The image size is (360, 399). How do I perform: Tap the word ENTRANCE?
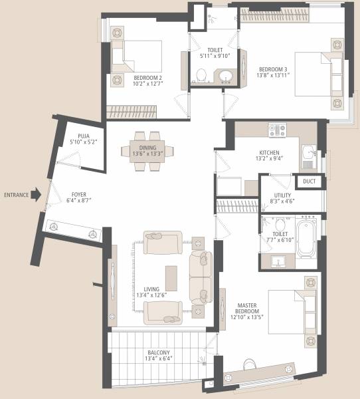click(16, 195)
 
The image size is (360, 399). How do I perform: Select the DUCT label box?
click(309, 181)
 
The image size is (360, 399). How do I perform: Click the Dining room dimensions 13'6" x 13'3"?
click(143, 154)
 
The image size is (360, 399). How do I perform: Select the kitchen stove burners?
click(277, 129)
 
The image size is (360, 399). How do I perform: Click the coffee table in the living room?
click(171, 278)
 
